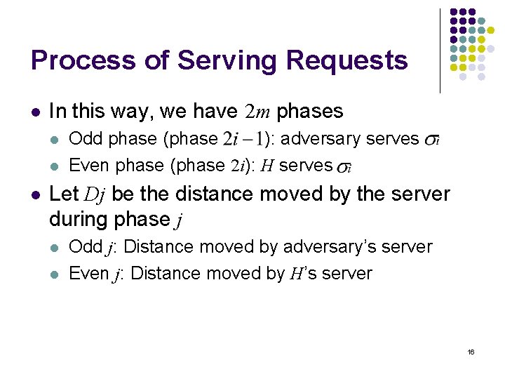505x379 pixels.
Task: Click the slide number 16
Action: [471, 351]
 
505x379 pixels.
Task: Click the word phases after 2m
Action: [310, 112]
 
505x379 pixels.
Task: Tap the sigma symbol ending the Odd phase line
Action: [433, 141]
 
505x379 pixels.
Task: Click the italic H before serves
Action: [267, 166]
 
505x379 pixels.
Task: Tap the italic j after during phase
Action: [179, 220]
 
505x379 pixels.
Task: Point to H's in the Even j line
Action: [303, 274]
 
